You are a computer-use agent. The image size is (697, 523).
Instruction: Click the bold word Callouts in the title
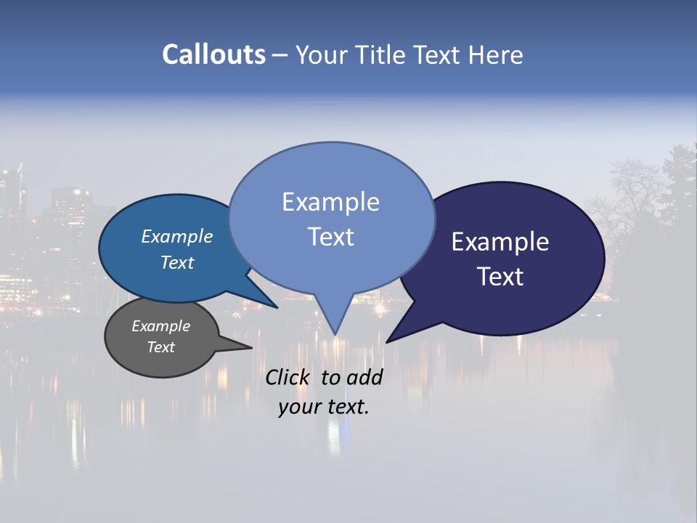point(213,54)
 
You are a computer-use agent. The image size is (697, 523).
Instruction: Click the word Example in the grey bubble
point(160,326)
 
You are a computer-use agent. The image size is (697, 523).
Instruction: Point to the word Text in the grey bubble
point(160,347)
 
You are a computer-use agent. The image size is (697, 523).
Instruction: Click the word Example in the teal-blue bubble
point(176,236)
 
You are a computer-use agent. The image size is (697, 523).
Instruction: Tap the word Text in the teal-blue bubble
point(176,262)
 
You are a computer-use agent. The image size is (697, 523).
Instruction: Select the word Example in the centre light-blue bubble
point(330,202)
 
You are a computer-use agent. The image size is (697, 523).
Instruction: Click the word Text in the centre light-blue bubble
point(330,237)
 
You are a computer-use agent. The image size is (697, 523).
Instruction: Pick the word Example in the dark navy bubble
point(500,242)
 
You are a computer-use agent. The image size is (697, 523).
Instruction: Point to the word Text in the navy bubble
point(500,277)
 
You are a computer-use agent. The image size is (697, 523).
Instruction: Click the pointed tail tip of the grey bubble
point(251,347)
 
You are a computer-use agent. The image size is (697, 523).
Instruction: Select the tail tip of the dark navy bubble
point(387,341)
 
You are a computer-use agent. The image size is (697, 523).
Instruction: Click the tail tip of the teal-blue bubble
point(277,307)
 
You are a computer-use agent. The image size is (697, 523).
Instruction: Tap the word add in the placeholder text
point(364,377)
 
